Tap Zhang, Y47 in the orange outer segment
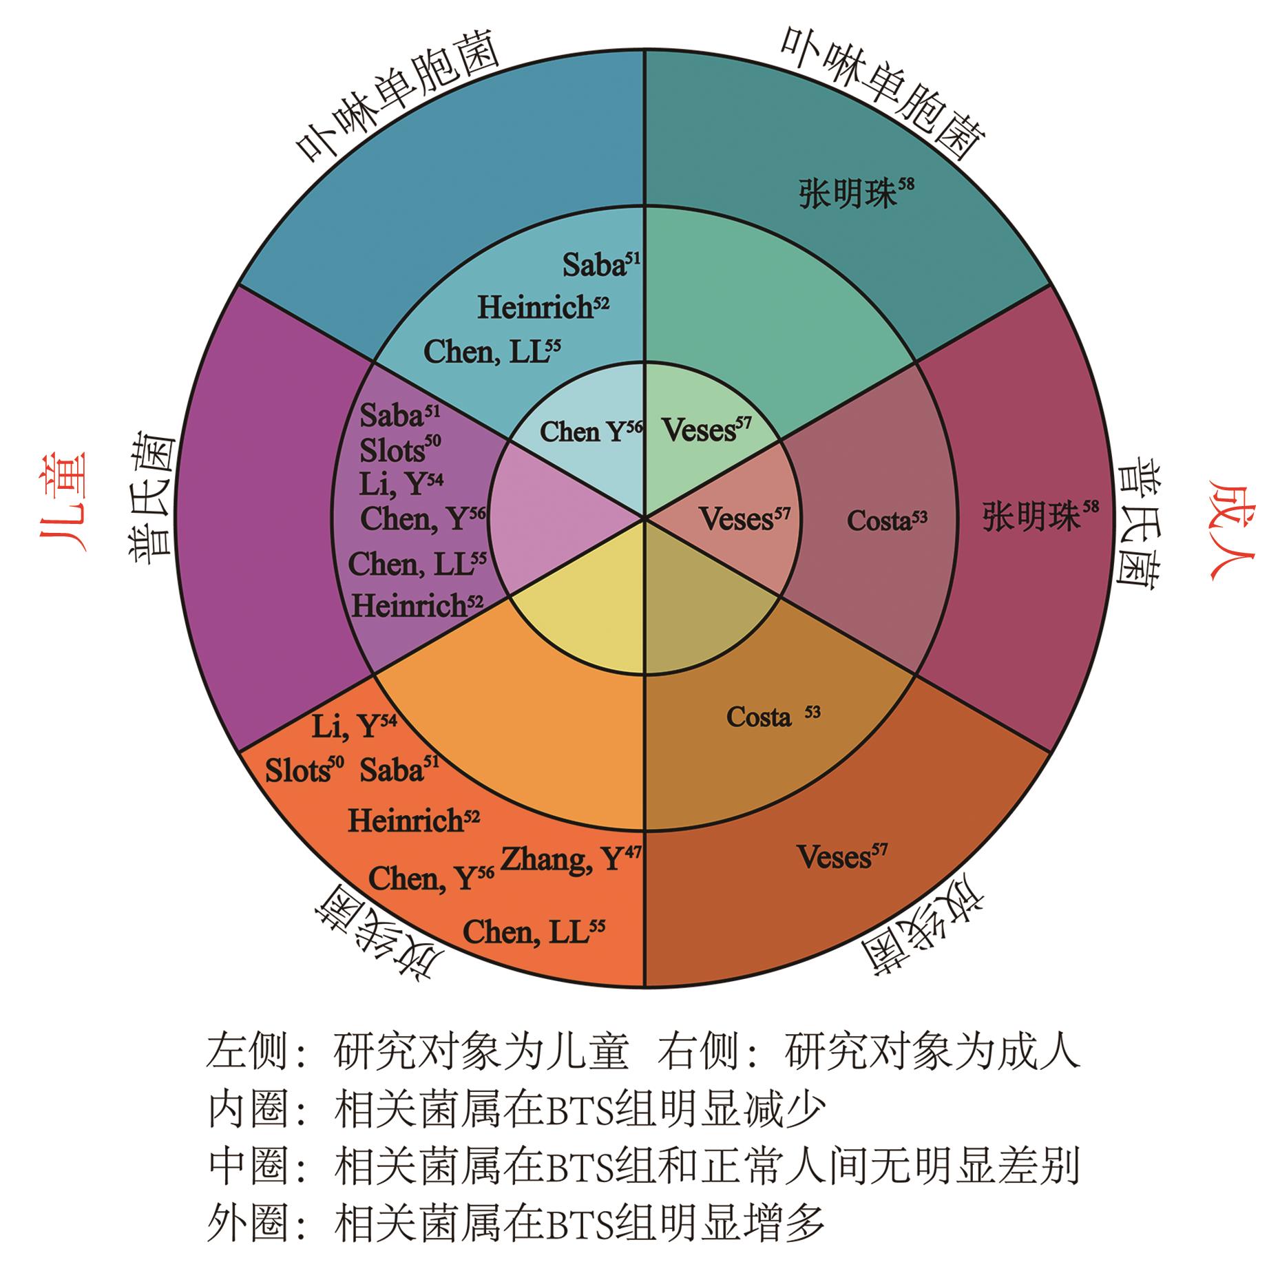coord(571,860)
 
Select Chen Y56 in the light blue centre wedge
coord(591,432)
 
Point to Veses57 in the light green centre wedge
coord(707,430)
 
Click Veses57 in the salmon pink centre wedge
coord(745,518)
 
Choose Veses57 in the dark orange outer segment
coord(842,856)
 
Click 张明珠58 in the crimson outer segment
coord(1040,514)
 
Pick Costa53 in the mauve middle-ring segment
coord(887,520)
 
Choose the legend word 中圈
coord(247,1167)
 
